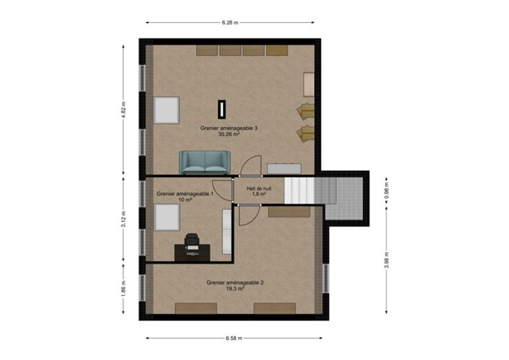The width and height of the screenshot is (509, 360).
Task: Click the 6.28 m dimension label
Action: [230, 23]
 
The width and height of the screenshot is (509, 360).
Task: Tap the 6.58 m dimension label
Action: [234, 339]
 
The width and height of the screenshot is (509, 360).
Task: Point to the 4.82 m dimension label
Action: [123, 111]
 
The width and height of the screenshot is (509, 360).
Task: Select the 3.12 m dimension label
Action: [123, 220]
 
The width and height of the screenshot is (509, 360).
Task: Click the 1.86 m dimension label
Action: [123, 288]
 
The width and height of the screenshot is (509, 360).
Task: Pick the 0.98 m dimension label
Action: [387, 191]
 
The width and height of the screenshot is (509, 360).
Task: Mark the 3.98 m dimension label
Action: [387, 260]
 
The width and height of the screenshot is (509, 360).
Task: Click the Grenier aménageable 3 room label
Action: [229, 128]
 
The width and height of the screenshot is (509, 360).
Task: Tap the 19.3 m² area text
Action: [235, 288]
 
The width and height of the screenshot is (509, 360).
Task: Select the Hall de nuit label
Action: [259, 189]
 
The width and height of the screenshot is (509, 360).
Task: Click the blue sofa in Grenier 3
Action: [205, 162]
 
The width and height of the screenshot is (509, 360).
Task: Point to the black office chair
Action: [192, 242]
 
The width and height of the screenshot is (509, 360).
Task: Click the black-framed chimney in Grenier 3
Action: [222, 109]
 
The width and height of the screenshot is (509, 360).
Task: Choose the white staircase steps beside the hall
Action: [299, 191]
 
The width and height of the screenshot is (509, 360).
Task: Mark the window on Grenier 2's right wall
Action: [326, 278]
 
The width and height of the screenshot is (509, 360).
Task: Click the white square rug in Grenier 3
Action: [167, 111]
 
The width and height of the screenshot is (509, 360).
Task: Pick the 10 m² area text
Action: [185, 200]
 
